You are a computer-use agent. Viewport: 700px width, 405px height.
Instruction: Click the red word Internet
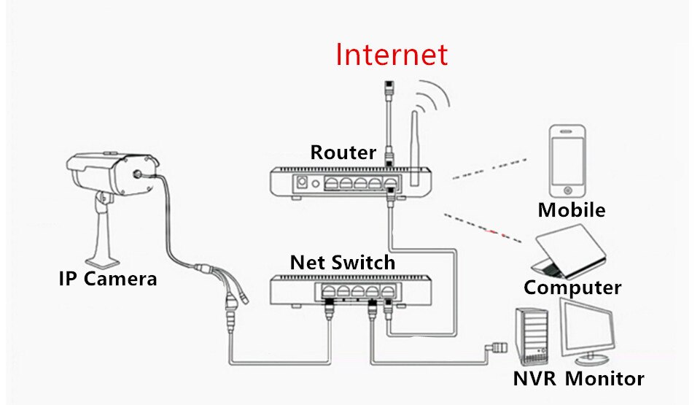pos(391,55)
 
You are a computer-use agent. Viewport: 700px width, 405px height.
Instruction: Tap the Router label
pos(343,153)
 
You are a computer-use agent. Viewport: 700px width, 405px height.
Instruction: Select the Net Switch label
pos(342,262)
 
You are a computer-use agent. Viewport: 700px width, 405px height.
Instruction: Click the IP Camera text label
pos(107,278)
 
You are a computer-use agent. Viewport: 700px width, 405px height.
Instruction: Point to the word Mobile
pos(571,210)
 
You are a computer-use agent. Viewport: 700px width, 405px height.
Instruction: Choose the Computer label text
pos(572,288)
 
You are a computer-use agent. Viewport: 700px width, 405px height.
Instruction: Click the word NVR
pos(536,379)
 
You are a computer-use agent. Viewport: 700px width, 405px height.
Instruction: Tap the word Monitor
pos(604,379)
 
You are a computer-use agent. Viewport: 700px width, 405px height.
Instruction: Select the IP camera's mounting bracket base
pos(101,255)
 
